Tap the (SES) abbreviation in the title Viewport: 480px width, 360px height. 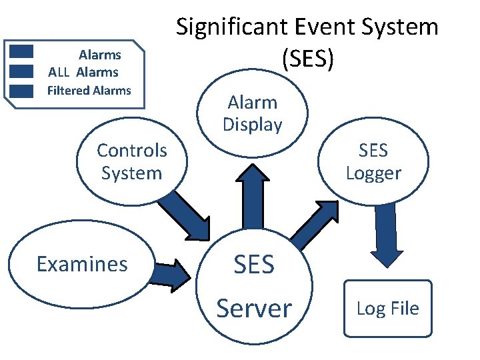point(307,59)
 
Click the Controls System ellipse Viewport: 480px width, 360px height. point(131,162)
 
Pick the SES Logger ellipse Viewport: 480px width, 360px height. point(373,162)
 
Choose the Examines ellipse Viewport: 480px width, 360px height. point(81,264)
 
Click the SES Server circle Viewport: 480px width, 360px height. point(255,287)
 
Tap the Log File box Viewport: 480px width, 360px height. point(387,308)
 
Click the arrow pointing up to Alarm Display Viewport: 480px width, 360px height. point(254,193)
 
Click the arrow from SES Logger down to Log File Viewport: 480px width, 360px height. point(385,233)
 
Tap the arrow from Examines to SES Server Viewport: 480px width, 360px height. point(173,274)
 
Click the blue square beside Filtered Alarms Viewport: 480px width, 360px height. point(23,91)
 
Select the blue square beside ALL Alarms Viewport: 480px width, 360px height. point(23,71)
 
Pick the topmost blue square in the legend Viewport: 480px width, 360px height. point(23,52)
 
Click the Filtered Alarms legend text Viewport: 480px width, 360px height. point(89,91)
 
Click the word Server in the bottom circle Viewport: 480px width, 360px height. point(255,308)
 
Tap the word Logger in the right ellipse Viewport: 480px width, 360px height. point(373,173)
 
